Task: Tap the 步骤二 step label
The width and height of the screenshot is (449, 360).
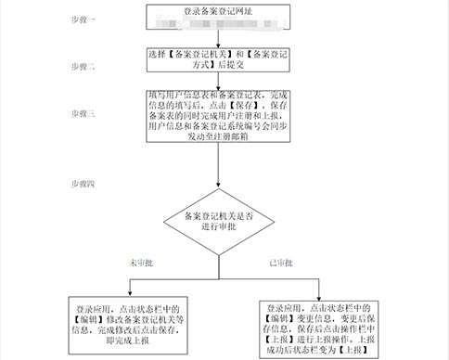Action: (x=96, y=68)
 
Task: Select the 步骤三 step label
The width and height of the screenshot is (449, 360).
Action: (x=96, y=112)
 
